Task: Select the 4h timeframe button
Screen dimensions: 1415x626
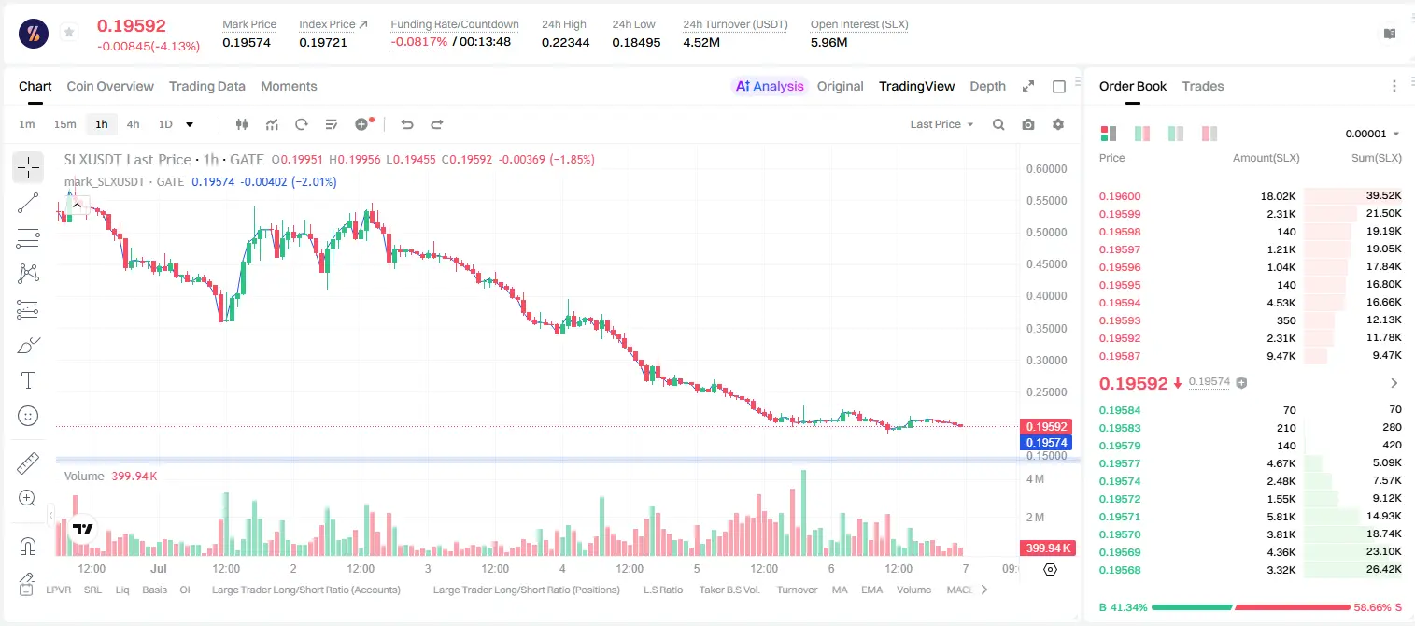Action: [x=133, y=124]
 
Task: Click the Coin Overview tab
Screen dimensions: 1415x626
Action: [x=110, y=87]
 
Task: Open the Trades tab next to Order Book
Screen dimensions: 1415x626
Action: [x=1203, y=87]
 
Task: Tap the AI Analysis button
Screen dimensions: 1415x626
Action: [x=770, y=87]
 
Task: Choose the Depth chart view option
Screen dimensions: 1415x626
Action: [x=987, y=87]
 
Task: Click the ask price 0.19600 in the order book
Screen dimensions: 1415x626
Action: [x=1120, y=196]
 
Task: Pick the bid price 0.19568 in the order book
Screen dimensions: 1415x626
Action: [x=1120, y=570]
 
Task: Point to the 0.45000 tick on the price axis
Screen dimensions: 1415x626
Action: [x=1047, y=264]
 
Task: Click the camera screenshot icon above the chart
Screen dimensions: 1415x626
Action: [x=1028, y=124]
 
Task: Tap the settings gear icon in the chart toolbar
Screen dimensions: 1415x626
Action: [x=1058, y=124]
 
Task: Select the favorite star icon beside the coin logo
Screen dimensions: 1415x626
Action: [x=69, y=32]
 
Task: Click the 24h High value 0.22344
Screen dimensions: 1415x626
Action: [x=565, y=42]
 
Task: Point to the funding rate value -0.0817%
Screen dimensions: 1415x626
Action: [x=418, y=42]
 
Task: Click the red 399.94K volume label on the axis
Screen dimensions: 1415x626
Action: [x=1048, y=548]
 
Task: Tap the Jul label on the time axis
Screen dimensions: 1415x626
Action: [x=159, y=568]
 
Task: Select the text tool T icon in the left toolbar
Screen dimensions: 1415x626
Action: [x=28, y=380]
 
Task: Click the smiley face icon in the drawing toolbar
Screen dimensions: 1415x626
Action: [x=28, y=416]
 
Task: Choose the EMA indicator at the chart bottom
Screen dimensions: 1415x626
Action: [x=871, y=590]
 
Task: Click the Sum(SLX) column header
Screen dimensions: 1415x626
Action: [x=1377, y=158]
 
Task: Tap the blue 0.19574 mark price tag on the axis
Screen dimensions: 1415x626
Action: [x=1047, y=443]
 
